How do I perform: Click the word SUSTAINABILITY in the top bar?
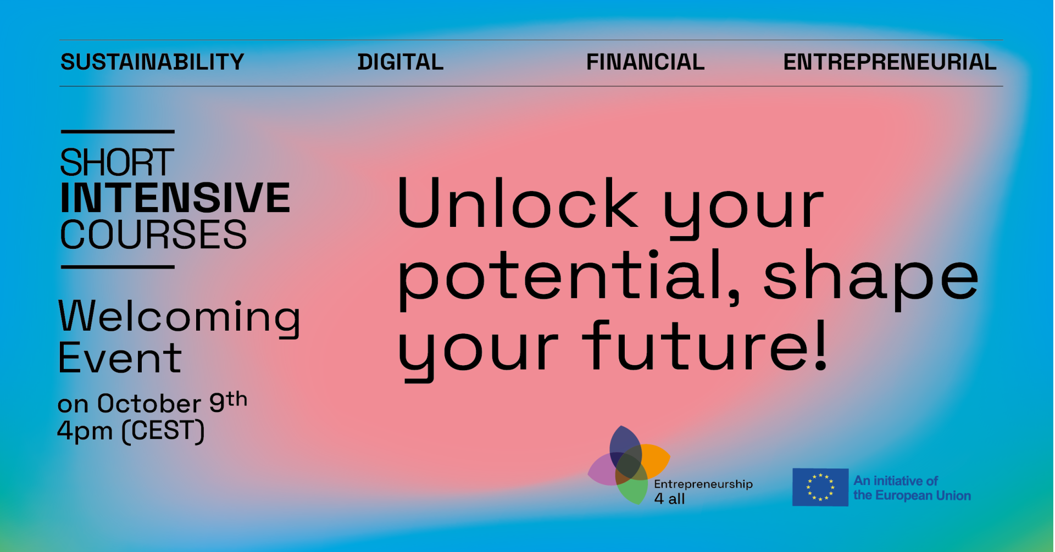[x=152, y=62]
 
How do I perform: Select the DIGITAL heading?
[x=401, y=62]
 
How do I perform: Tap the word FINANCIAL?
[x=646, y=62]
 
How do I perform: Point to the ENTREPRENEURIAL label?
[x=890, y=62]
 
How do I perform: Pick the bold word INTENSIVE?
[x=175, y=198]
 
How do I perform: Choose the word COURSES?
[x=153, y=235]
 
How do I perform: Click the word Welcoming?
[x=179, y=317]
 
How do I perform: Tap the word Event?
[x=119, y=358]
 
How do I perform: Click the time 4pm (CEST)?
[x=131, y=431]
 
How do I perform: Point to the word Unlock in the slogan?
[x=518, y=203]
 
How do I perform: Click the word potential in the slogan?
[x=569, y=277]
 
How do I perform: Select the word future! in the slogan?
[x=705, y=346]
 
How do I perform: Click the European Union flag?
[x=820, y=487]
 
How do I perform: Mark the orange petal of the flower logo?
[x=654, y=460]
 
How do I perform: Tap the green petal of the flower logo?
[x=633, y=488]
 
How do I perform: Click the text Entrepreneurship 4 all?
[x=703, y=491]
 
